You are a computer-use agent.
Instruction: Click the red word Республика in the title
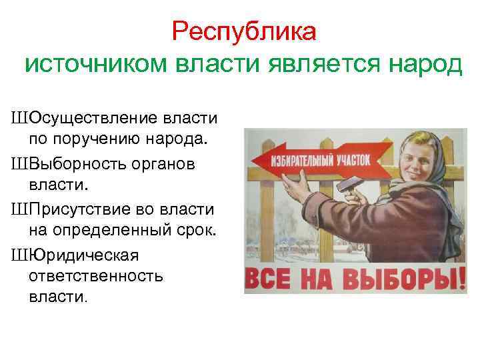(x=244, y=31)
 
